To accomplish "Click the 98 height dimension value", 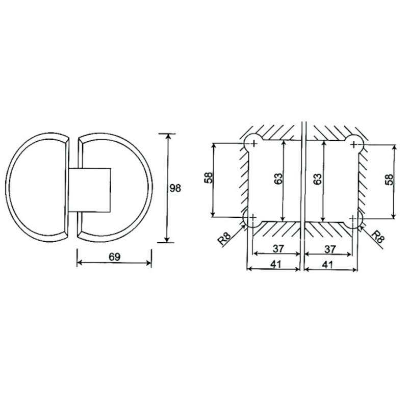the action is coord(175,188).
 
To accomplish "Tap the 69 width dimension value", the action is coord(114,257).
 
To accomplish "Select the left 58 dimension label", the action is coord(209,177).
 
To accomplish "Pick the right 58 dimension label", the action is coord(389,180).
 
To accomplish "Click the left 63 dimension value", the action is coord(278,178).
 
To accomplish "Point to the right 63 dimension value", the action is coord(318,179).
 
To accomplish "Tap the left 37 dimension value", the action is coord(278,249).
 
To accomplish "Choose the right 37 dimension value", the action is coord(330,249).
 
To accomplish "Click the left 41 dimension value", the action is coord(276,264).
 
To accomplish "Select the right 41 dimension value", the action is coord(327,265).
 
